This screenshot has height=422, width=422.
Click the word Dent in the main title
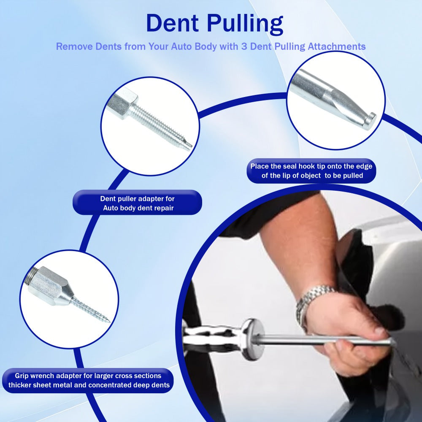point(173,23)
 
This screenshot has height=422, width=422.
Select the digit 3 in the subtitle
point(244,46)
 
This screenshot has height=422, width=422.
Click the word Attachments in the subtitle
point(336,46)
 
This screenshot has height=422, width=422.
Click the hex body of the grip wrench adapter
point(48,286)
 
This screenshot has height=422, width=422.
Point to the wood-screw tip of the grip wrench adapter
point(92,311)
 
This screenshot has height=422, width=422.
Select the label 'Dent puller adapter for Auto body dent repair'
point(137,203)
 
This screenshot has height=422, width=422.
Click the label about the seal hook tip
point(311,171)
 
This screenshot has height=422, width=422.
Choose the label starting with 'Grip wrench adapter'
point(88,380)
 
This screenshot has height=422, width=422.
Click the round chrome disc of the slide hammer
point(253,339)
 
